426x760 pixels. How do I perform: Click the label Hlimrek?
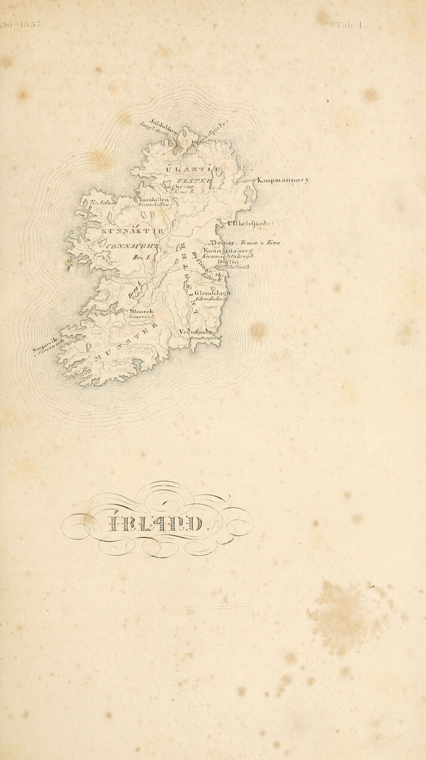pyautogui.click(x=141, y=311)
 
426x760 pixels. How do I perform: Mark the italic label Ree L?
pyautogui.click(x=142, y=257)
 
